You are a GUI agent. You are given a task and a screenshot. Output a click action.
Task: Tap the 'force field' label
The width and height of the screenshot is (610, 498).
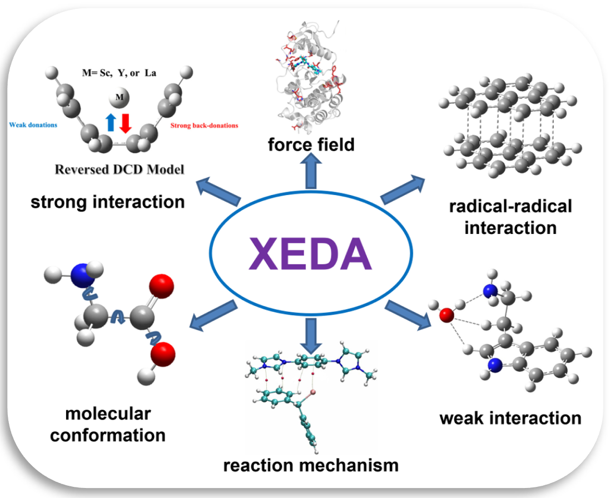point(311,145)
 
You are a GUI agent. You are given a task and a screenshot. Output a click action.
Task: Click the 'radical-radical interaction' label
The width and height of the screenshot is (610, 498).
point(510,217)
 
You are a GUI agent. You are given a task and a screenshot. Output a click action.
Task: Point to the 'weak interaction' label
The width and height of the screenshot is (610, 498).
point(510,417)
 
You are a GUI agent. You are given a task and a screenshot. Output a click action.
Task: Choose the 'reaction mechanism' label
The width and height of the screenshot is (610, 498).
point(311,465)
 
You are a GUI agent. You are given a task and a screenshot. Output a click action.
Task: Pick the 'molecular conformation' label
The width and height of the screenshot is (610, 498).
point(108,424)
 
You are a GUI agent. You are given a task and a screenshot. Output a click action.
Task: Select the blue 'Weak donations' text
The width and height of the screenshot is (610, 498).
point(33,125)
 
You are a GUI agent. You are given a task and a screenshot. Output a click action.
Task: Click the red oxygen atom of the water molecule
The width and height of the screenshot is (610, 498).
point(447,316)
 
